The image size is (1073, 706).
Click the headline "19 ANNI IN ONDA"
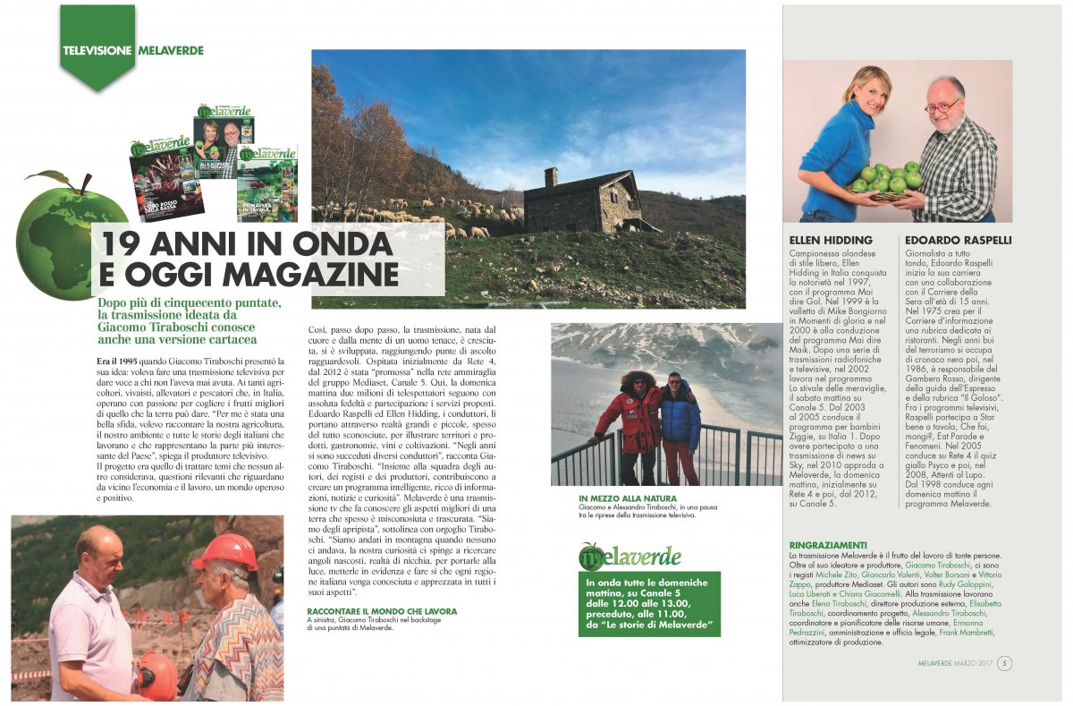pos(246,243)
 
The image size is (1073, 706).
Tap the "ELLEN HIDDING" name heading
pos(830,241)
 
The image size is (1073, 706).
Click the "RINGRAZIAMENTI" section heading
pos(828,545)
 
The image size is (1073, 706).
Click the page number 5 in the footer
pos(1005,663)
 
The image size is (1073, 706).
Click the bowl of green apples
pos(885,180)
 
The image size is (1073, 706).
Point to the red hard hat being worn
pos(225,552)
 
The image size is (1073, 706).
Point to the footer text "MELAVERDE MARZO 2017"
pos(956,663)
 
